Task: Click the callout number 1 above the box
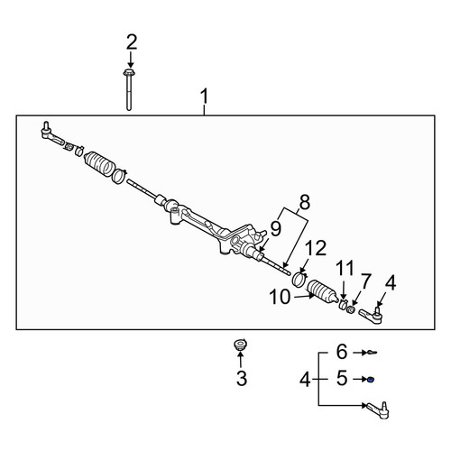pyautogui.click(x=205, y=97)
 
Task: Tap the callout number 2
pyautogui.click(x=132, y=42)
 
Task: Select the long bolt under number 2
pyautogui.click(x=129, y=89)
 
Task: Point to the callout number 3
pyautogui.click(x=242, y=378)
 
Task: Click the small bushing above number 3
pyautogui.click(x=241, y=345)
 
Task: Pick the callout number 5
pyautogui.click(x=342, y=378)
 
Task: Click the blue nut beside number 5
pyautogui.click(x=372, y=380)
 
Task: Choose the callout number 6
pyautogui.click(x=342, y=352)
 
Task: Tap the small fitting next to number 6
pyautogui.click(x=372, y=353)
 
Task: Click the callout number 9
pyautogui.click(x=275, y=228)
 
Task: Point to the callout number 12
pyautogui.click(x=316, y=248)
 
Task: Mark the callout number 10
pyautogui.click(x=280, y=297)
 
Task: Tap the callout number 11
pyautogui.click(x=345, y=268)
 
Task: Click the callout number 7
pyautogui.click(x=365, y=281)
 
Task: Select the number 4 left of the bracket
pyautogui.click(x=305, y=380)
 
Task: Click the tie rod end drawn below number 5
pyautogui.click(x=377, y=410)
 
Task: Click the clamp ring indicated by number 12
pyautogui.click(x=299, y=279)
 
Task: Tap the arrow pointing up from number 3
pyautogui.click(x=241, y=361)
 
